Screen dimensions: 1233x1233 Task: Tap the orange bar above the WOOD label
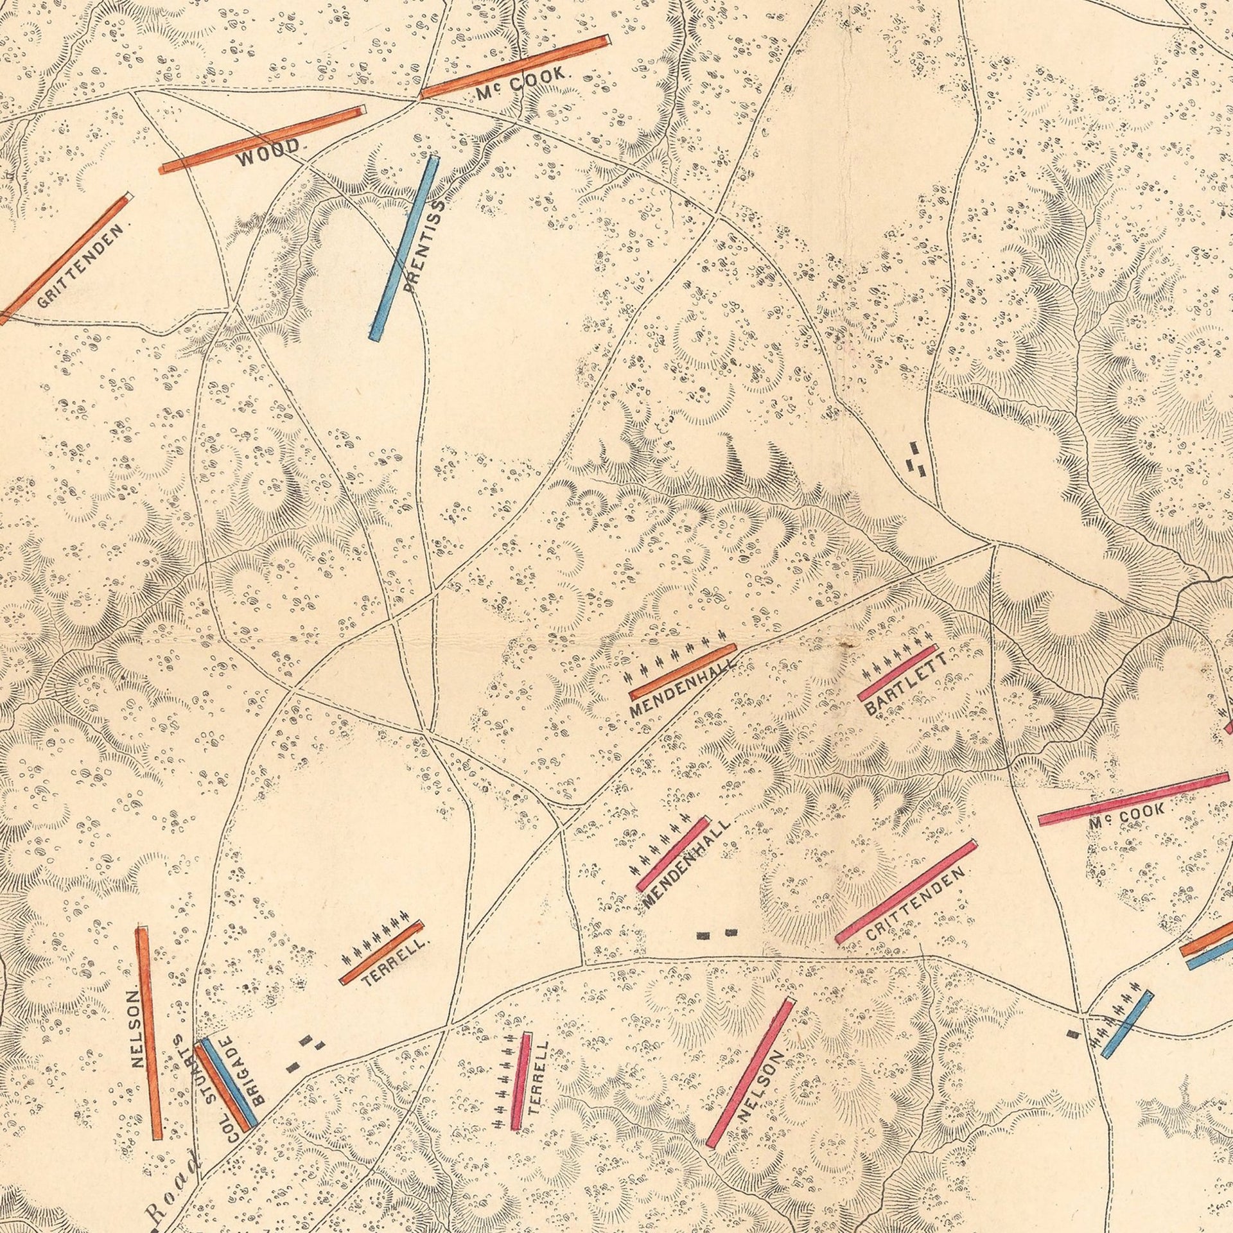pos(262,139)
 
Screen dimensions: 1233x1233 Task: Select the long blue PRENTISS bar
pos(405,248)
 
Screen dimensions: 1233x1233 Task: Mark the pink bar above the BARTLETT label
pos(898,672)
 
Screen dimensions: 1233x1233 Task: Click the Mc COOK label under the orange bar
pos(521,82)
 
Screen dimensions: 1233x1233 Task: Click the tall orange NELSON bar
pos(149,1033)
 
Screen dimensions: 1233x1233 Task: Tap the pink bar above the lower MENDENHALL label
pos(672,853)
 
